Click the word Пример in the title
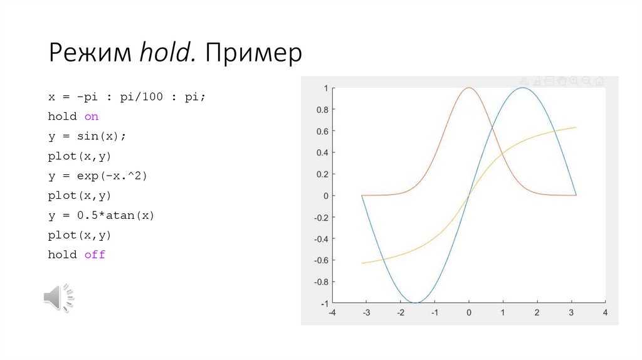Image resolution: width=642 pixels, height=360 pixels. (251, 53)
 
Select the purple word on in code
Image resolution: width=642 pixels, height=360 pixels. (92, 117)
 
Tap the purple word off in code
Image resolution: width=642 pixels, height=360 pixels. (95, 255)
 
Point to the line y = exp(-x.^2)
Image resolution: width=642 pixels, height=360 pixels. (97, 176)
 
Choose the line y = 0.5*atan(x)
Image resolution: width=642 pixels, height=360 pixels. (101, 215)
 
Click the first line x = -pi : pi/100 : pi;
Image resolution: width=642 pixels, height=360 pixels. (127, 97)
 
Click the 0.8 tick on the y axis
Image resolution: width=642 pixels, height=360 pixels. (322, 110)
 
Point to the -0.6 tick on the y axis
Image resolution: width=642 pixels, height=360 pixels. (320, 260)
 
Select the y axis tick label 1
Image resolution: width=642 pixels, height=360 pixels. (325, 88)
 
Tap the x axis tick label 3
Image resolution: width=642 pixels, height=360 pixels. (571, 312)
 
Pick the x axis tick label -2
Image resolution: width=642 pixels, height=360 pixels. (400, 312)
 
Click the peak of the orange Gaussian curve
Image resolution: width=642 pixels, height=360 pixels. (469, 88)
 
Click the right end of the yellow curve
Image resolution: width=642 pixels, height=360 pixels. (576, 128)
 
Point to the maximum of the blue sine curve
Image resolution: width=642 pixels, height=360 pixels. (522, 88)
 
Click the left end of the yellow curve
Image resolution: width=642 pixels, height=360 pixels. (362, 263)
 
